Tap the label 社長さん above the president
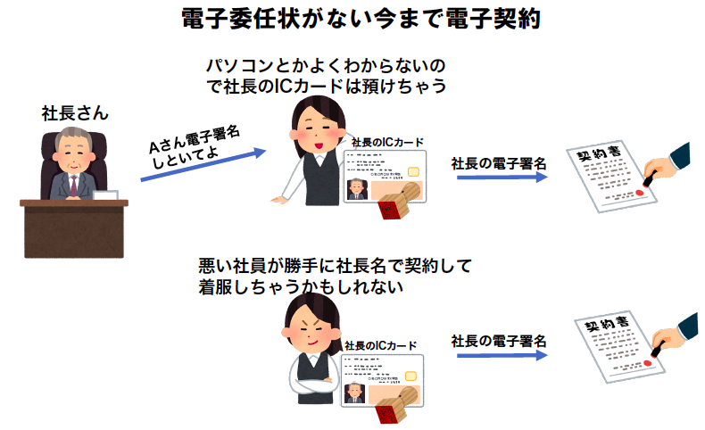pos(75,113)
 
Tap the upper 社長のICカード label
pos(387,143)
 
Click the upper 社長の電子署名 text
pos(498,163)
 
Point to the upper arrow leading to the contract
pos(501,178)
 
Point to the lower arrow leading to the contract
pos(501,355)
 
